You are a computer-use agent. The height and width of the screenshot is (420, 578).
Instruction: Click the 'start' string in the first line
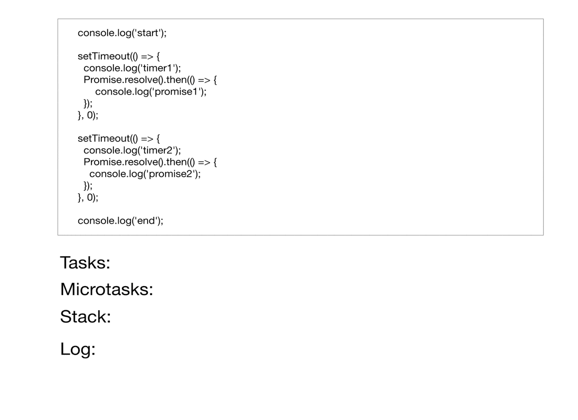pyautogui.click(x=148, y=33)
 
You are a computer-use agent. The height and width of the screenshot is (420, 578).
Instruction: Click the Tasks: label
pyautogui.click(x=85, y=262)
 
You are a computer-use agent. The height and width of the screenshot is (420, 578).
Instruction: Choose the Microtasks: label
pyautogui.click(x=107, y=289)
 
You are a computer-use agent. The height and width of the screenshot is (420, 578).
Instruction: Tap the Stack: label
pyautogui.click(x=86, y=317)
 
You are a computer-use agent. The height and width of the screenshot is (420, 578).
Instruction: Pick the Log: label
pyautogui.click(x=78, y=349)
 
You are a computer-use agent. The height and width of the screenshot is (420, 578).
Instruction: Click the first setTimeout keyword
pyautogui.click(x=104, y=56)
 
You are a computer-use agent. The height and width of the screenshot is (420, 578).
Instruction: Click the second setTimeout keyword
pyautogui.click(x=104, y=139)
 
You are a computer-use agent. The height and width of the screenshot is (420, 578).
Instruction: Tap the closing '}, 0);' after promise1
pyautogui.click(x=88, y=115)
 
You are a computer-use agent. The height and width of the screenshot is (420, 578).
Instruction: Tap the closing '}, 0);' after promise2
pyautogui.click(x=88, y=197)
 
